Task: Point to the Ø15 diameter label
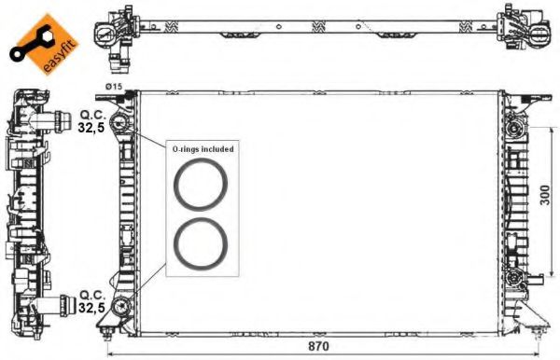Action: coord(114,86)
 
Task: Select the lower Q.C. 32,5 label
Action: coord(91,300)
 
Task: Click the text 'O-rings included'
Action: coord(202,148)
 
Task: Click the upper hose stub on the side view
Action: coord(64,119)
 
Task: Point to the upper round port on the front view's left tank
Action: coord(119,123)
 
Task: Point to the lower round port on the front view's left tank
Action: coord(119,306)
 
